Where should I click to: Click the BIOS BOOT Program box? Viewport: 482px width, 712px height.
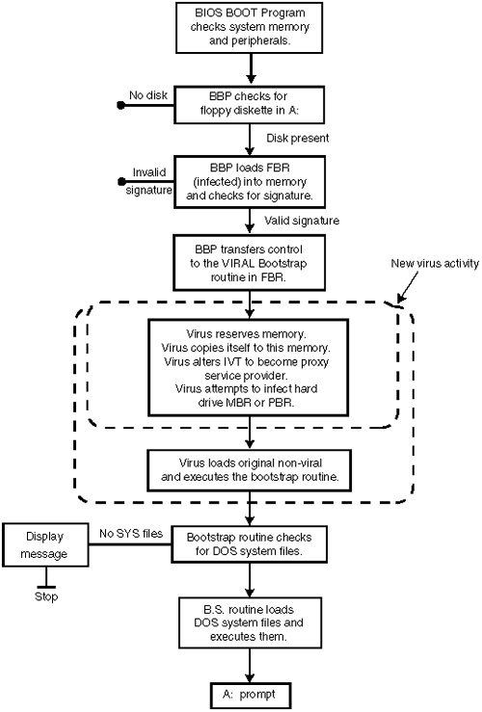(249, 28)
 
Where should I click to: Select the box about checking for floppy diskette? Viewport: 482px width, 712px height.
(249, 105)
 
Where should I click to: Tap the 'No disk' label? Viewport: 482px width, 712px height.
(148, 95)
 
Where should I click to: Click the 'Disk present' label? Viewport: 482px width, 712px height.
(298, 138)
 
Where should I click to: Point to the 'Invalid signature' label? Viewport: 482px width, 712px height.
(149, 181)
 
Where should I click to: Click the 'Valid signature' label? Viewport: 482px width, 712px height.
(302, 221)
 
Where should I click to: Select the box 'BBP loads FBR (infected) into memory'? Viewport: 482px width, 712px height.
(250, 182)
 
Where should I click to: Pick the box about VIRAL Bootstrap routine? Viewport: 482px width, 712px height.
(249, 262)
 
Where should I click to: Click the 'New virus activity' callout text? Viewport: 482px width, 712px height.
(435, 263)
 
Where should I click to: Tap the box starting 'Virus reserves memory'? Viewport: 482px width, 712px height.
(248, 367)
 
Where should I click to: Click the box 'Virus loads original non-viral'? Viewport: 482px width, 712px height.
(250, 470)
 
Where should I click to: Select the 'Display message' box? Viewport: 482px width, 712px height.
(45, 545)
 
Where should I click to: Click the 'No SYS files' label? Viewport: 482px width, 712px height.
(131, 534)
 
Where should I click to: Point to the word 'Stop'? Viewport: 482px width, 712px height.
(46, 596)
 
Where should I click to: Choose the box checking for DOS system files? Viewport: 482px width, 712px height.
(249, 544)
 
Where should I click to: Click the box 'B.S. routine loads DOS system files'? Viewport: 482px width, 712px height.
(250, 622)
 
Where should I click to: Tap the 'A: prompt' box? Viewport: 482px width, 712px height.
(250, 695)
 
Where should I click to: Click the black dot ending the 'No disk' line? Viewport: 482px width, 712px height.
(120, 105)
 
